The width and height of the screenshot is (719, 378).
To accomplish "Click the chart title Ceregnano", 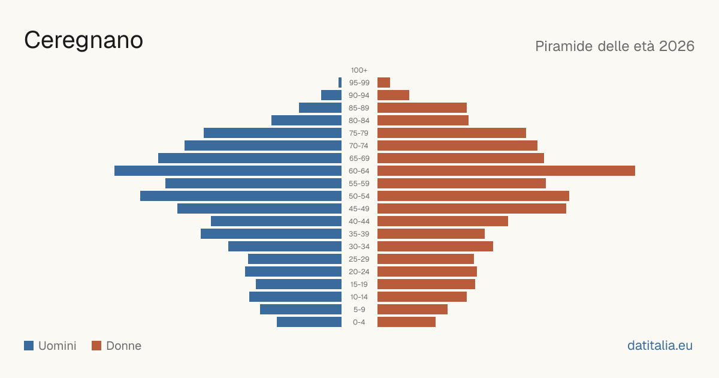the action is click(83, 41).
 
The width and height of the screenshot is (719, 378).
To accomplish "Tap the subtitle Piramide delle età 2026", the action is click(615, 46).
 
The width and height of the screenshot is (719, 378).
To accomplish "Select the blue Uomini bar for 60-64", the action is click(228, 170).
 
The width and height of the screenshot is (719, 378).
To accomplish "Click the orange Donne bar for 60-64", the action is click(506, 170).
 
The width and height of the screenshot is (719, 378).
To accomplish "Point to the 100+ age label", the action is click(359, 70).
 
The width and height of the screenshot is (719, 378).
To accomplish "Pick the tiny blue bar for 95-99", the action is click(340, 83).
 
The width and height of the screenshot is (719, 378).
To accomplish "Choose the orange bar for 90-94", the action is click(393, 95).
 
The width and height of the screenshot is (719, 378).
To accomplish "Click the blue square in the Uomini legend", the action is click(29, 346).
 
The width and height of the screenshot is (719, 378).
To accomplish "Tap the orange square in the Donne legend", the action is click(96, 346).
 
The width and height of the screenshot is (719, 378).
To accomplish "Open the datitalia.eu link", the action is click(660, 346).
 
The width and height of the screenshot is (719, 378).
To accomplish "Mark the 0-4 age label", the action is click(359, 322).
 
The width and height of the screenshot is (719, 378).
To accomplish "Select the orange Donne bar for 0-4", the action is click(406, 322).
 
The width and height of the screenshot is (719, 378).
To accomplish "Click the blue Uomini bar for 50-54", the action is click(241, 196).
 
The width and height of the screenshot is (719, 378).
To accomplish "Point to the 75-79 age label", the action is click(359, 133).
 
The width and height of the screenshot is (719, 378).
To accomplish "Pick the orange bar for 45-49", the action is click(472, 209).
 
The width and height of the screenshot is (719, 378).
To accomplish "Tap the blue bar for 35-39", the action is click(271, 233).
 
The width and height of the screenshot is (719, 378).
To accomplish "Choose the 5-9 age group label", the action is click(359, 310).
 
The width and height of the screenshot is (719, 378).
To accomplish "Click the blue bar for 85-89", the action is click(321, 107).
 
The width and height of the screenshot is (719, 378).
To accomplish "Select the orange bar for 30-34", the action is click(435, 247).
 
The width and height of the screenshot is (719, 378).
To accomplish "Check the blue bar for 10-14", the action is click(295, 296).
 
